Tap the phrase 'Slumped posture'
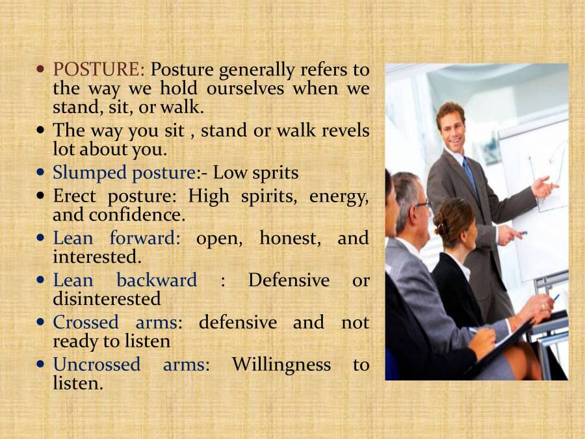click(x=124, y=173)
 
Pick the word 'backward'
click(x=156, y=280)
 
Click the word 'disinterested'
click(x=107, y=299)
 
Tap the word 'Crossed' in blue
click(x=86, y=323)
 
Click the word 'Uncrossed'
click(x=96, y=365)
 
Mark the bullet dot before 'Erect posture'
click(x=42, y=196)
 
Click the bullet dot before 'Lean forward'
click(x=42, y=238)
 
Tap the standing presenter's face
click(x=451, y=127)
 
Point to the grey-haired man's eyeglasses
click(x=422, y=204)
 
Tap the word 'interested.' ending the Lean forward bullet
click(x=97, y=257)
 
